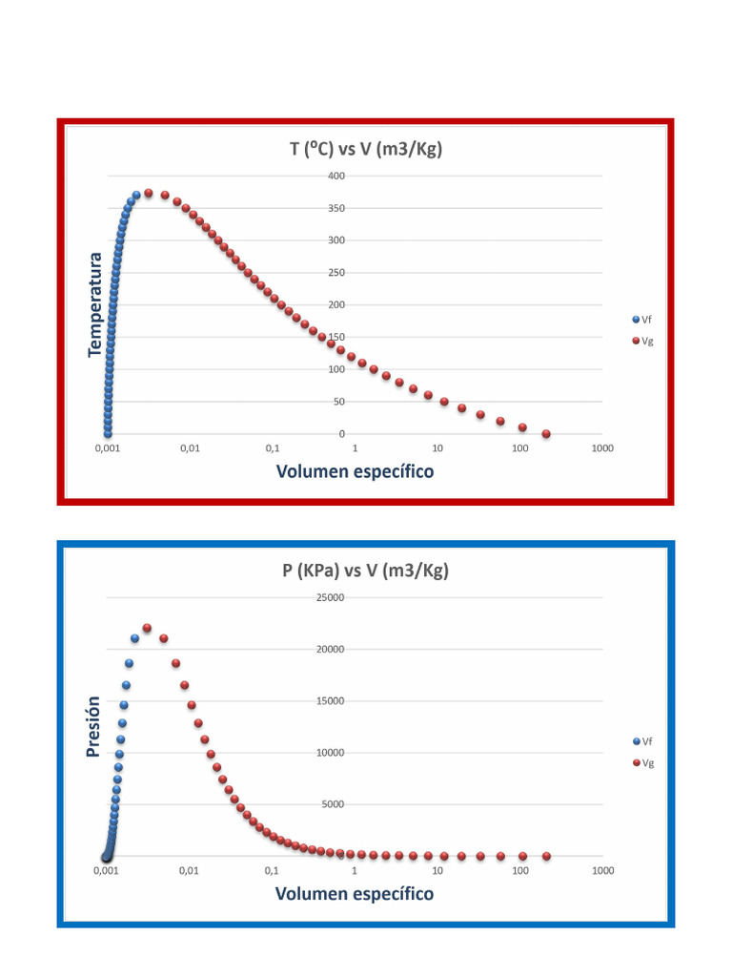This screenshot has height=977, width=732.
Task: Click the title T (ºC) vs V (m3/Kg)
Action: (x=366, y=149)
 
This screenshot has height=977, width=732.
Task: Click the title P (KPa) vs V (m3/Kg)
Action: (x=366, y=571)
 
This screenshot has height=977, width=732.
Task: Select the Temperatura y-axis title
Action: (x=94, y=304)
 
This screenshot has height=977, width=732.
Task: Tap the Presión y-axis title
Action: (x=92, y=726)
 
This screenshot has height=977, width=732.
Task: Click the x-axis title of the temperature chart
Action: (x=355, y=471)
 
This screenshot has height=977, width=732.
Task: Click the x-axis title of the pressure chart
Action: (x=355, y=893)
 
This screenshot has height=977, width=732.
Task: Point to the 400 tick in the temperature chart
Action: (x=335, y=177)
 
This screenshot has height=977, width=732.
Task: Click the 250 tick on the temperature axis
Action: (x=335, y=274)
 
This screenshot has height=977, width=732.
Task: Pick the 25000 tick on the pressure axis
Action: (x=330, y=598)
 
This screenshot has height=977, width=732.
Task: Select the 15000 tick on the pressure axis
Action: (x=330, y=701)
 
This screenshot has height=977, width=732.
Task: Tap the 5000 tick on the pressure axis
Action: (x=333, y=804)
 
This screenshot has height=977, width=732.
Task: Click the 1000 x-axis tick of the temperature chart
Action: (x=601, y=448)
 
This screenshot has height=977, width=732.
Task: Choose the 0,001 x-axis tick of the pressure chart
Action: (x=107, y=871)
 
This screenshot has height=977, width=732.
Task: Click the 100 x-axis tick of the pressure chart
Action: (x=519, y=871)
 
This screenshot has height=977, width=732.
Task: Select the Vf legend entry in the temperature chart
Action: (x=641, y=320)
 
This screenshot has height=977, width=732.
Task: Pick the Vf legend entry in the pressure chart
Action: (x=641, y=741)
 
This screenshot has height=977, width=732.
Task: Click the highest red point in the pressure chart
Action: (x=148, y=628)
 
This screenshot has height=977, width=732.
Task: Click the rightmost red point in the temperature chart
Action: (x=546, y=434)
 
